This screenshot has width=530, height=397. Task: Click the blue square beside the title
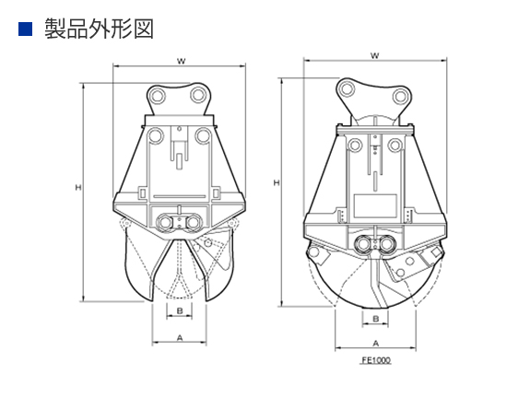click(25, 29)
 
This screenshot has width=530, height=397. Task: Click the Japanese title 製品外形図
click(99, 29)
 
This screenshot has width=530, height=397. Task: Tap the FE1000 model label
click(376, 360)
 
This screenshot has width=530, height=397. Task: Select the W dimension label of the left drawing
click(182, 61)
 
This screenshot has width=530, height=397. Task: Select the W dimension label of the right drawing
click(375, 56)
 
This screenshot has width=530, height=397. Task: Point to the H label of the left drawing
click(78, 187)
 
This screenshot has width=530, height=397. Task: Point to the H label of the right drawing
click(277, 182)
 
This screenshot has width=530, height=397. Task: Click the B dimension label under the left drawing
click(180, 310)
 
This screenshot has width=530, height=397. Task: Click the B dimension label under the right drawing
click(375, 319)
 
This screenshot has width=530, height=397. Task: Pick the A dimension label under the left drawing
click(180, 337)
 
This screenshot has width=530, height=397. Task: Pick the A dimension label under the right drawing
click(376, 344)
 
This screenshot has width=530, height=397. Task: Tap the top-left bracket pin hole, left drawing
click(158, 96)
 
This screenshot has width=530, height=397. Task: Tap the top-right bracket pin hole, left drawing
click(199, 95)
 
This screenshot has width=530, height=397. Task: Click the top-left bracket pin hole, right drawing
click(347, 89)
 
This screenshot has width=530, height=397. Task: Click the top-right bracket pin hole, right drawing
click(400, 97)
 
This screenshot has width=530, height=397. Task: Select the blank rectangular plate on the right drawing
click(375, 206)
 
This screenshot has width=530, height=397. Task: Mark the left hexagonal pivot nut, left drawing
click(165, 222)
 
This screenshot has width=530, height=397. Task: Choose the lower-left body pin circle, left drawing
click(156, 136)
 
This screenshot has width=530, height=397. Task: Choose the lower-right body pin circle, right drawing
click(395, 146)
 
